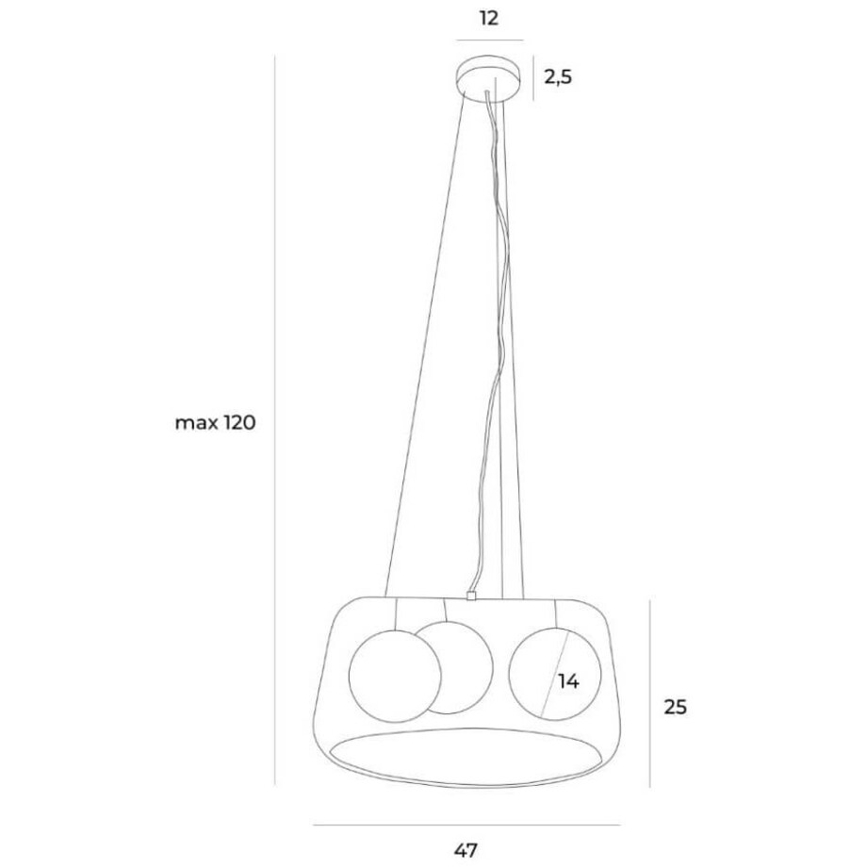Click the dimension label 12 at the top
[x=489, y=18]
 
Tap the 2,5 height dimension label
[x=558, y=77]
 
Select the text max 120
[x=215, y=423]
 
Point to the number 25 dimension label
[x=676, y=706]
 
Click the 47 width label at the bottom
[x=466, y=850]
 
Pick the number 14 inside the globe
[x=567, y=680]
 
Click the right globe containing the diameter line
[x=528, y=674]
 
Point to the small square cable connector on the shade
[x=468, y=596]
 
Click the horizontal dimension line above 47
[x=466, y=826]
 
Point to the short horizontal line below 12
[x=489, y=41]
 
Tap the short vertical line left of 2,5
[x=534, y=78]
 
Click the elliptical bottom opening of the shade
[x=466, y=754]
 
